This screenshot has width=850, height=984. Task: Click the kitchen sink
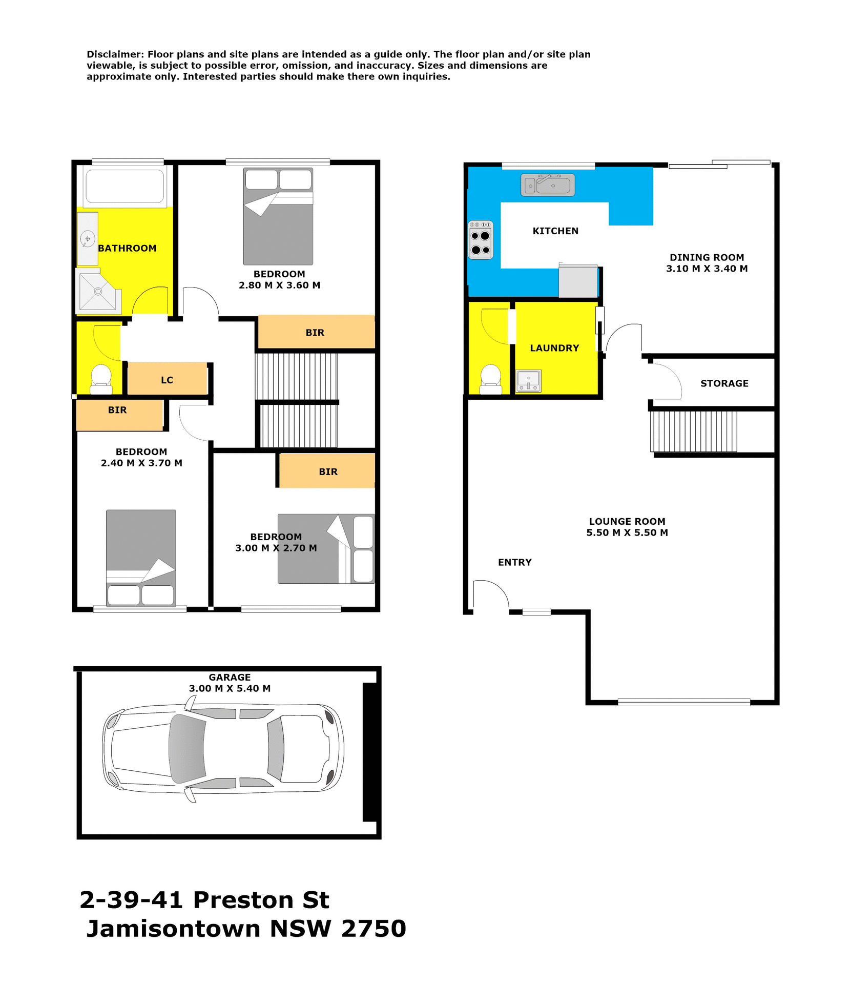548,185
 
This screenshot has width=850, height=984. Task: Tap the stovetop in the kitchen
481,240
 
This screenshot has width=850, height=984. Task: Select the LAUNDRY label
554,348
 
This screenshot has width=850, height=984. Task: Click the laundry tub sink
528,381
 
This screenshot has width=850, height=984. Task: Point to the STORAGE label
724,383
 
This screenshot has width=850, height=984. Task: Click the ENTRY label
514,562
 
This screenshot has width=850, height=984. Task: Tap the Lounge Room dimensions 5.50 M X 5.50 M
627,532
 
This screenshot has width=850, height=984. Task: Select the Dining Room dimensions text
707,269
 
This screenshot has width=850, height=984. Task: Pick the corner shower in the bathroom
98,292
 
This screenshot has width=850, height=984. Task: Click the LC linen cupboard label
167,380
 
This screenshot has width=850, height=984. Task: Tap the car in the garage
223,752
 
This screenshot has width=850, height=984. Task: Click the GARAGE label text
230,678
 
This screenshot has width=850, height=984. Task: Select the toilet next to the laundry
491,379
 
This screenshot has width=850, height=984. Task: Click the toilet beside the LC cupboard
101,379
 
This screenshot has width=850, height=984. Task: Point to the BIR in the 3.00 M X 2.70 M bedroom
328,471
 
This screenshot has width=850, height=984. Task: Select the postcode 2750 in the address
374,928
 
